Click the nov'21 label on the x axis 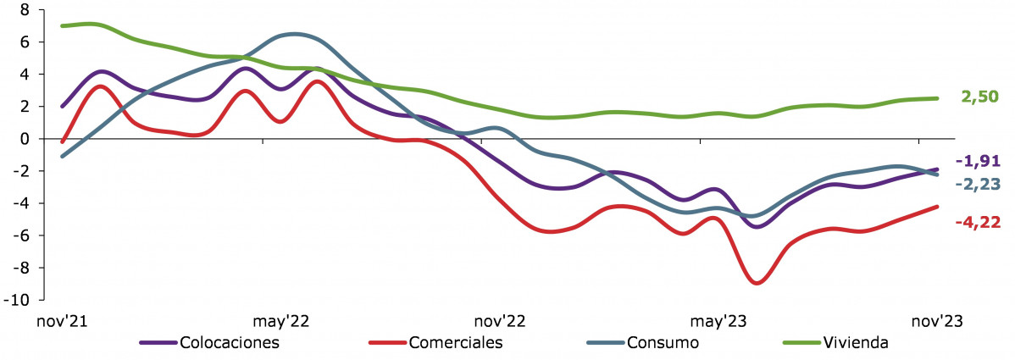point(64,322)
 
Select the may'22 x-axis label point(281,322)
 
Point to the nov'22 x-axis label point(500,322)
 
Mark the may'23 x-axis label point(718,322)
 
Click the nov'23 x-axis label point(937,322)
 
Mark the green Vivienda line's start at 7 point(64,25)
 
